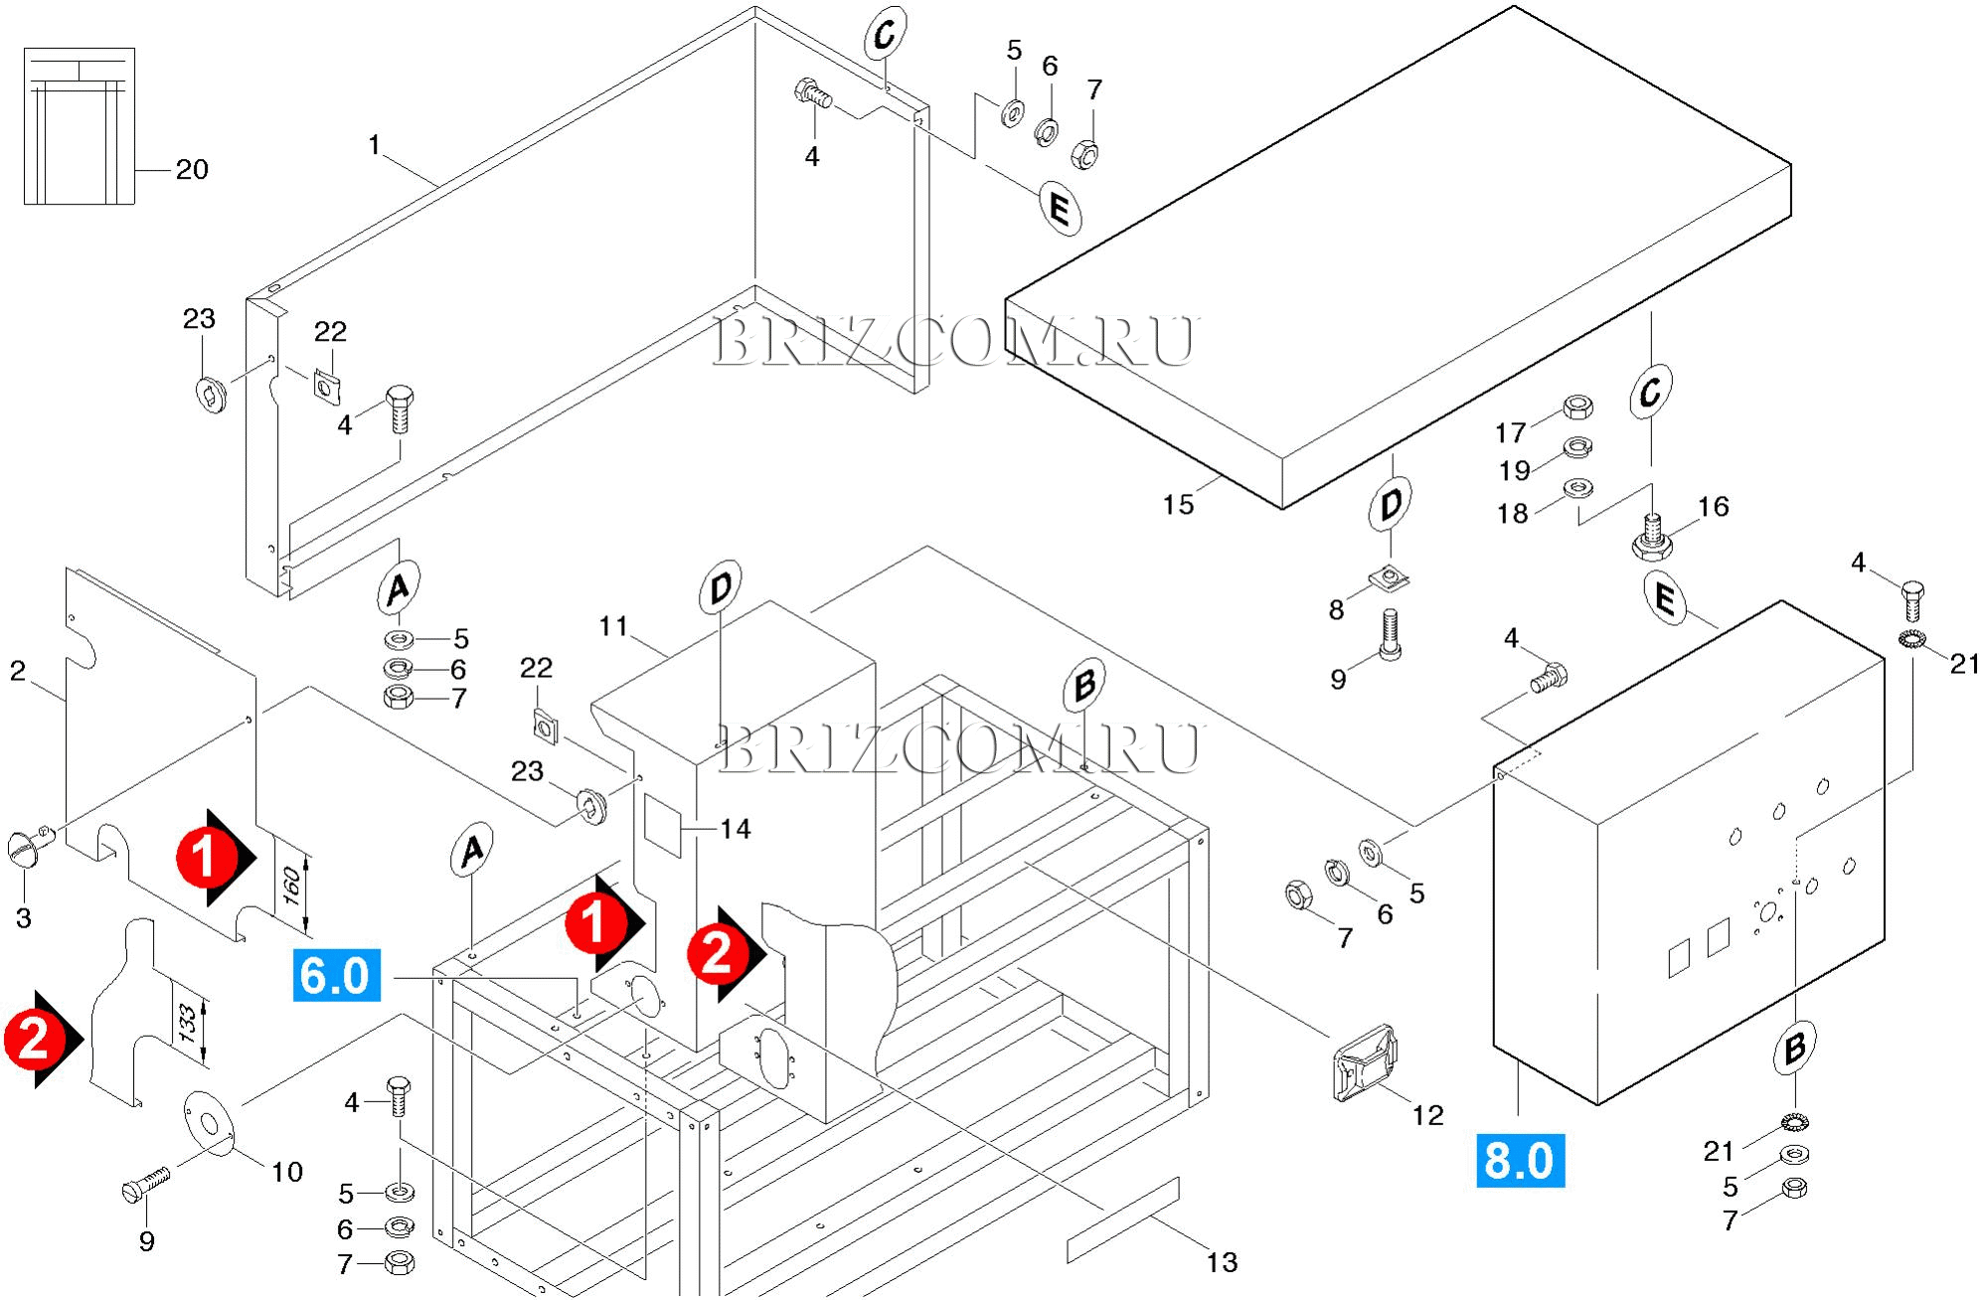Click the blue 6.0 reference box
tap(335, 975)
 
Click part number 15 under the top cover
tap(1178, 505)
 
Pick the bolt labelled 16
tap(1652, 537)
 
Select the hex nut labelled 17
tap(1578, 407)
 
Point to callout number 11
tap(613, 627)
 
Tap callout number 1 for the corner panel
tap(374, 146)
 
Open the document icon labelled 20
tap(79, 126)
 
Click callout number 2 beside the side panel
tap(18, 672)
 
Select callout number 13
tap(1222, 1262)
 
